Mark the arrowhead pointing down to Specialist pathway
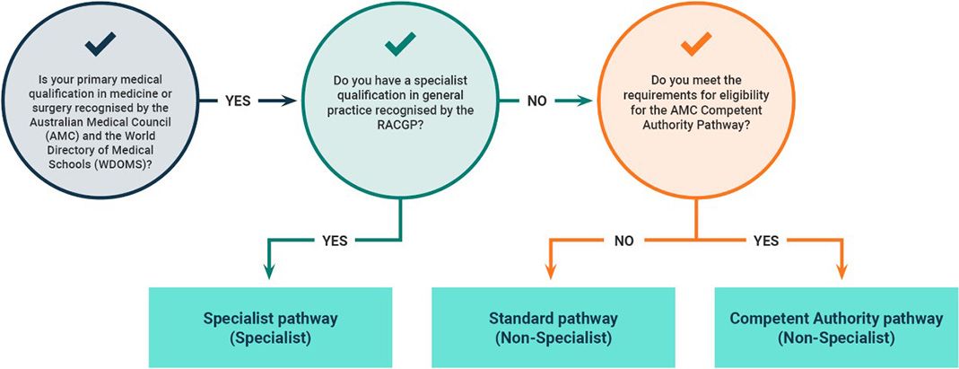(x=269, y=274)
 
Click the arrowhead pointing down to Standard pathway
(x=552, y=274)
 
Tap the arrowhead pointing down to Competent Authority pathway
(x=841, y=274)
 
